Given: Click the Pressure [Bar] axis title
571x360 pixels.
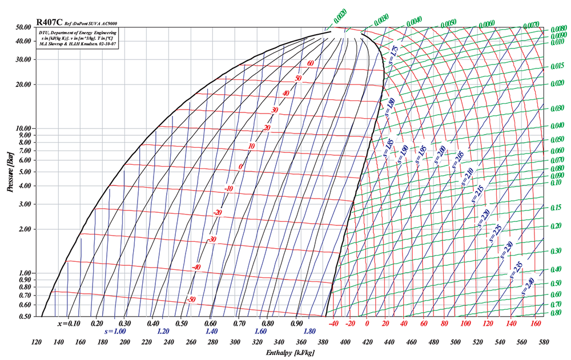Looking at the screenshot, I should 11,172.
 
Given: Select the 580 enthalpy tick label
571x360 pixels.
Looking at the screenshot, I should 544,342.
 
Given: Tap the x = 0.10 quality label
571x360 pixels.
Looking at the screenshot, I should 69,323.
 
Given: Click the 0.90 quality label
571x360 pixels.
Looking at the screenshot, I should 296,323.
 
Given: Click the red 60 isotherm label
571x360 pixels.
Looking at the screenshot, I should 311,63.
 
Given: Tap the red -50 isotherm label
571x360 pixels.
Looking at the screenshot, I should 191,300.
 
